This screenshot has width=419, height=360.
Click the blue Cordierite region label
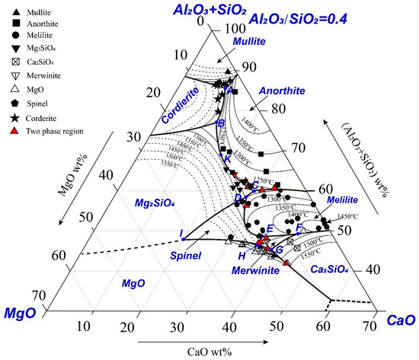tap(180, 107)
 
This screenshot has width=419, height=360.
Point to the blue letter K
tap(228, 158)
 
